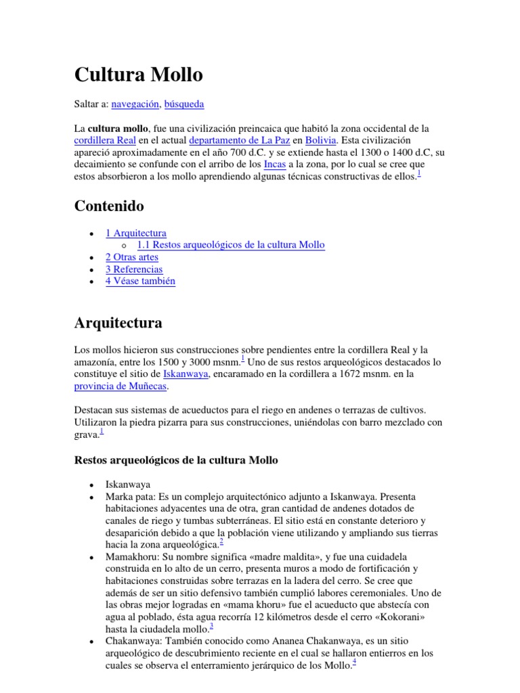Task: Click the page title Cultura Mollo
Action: [138, 74]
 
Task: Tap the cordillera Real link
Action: [105, 140]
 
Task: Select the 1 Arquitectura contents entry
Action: [135, 233]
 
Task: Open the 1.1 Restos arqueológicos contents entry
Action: [230, 245]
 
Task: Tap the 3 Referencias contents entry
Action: [134, 269]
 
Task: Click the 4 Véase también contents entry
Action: [140, 282]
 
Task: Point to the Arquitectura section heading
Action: [118, 323]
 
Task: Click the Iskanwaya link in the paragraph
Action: [186, 374]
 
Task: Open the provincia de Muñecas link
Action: [120, 386]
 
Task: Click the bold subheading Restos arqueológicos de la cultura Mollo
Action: [175, 460]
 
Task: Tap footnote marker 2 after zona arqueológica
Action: [221, 541]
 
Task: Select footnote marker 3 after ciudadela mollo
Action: [212, 626]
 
